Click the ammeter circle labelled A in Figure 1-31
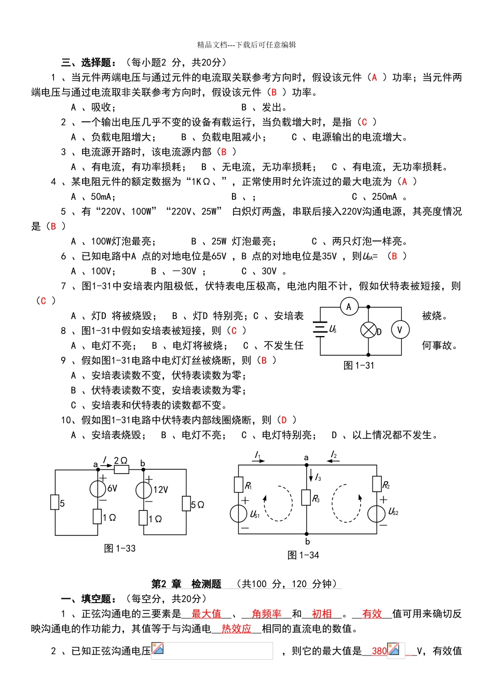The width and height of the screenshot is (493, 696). [349, 307]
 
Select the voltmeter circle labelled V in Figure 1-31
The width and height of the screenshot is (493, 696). [400, 330]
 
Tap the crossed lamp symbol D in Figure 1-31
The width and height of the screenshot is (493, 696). [368, 330]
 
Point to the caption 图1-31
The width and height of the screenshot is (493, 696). [359, 366]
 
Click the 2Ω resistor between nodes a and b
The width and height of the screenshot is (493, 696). [121, 469]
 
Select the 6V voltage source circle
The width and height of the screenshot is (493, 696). [98, 489]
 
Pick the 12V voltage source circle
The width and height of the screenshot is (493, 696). [144, 490]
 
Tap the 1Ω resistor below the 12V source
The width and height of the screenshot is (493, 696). [144, 518]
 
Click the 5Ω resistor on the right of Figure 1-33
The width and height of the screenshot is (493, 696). [186, 504]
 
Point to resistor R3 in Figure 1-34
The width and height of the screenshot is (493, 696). [307, 498]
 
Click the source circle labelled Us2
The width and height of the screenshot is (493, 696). [377, 513]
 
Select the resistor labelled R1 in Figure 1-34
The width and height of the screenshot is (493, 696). [239, 485]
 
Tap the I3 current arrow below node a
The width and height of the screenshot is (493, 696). [311, 476]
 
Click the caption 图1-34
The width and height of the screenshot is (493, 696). [303, 555]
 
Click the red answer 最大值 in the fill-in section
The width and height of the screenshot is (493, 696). [206, 614]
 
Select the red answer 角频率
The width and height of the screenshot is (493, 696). [266, 614]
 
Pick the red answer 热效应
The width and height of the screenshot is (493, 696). [236, 629]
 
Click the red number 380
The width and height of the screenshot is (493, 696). [379, 651]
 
